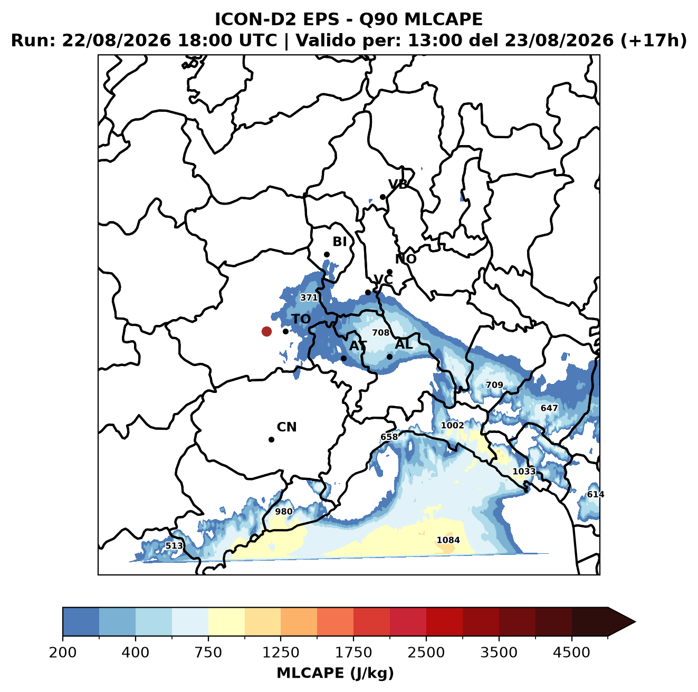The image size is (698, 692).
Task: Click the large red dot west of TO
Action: (266, 331)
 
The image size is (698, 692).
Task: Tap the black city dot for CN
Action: (271, 439)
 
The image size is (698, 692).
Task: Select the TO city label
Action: (301, 320)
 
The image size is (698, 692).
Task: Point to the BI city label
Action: (340, 242)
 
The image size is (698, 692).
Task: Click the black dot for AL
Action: (389, 357)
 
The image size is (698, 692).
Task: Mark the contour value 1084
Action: (448, 540)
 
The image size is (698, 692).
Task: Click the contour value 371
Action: (309, 297)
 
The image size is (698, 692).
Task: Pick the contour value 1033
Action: (524, 472)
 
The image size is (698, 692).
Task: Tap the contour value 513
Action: (174, 546)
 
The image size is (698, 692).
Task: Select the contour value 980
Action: (284, 512)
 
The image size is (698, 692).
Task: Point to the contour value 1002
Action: (452, 426)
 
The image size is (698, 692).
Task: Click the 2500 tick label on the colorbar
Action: (426, 652)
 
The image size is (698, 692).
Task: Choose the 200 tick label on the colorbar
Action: (63, 652)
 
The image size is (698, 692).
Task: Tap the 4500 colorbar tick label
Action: (571, 652)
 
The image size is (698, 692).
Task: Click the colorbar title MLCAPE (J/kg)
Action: (335, 673)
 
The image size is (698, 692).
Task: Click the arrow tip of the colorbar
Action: (635, 622)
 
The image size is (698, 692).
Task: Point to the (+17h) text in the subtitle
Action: (653, 41)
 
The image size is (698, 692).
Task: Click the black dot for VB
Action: (383, 197)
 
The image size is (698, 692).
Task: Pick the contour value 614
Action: (596, 494)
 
